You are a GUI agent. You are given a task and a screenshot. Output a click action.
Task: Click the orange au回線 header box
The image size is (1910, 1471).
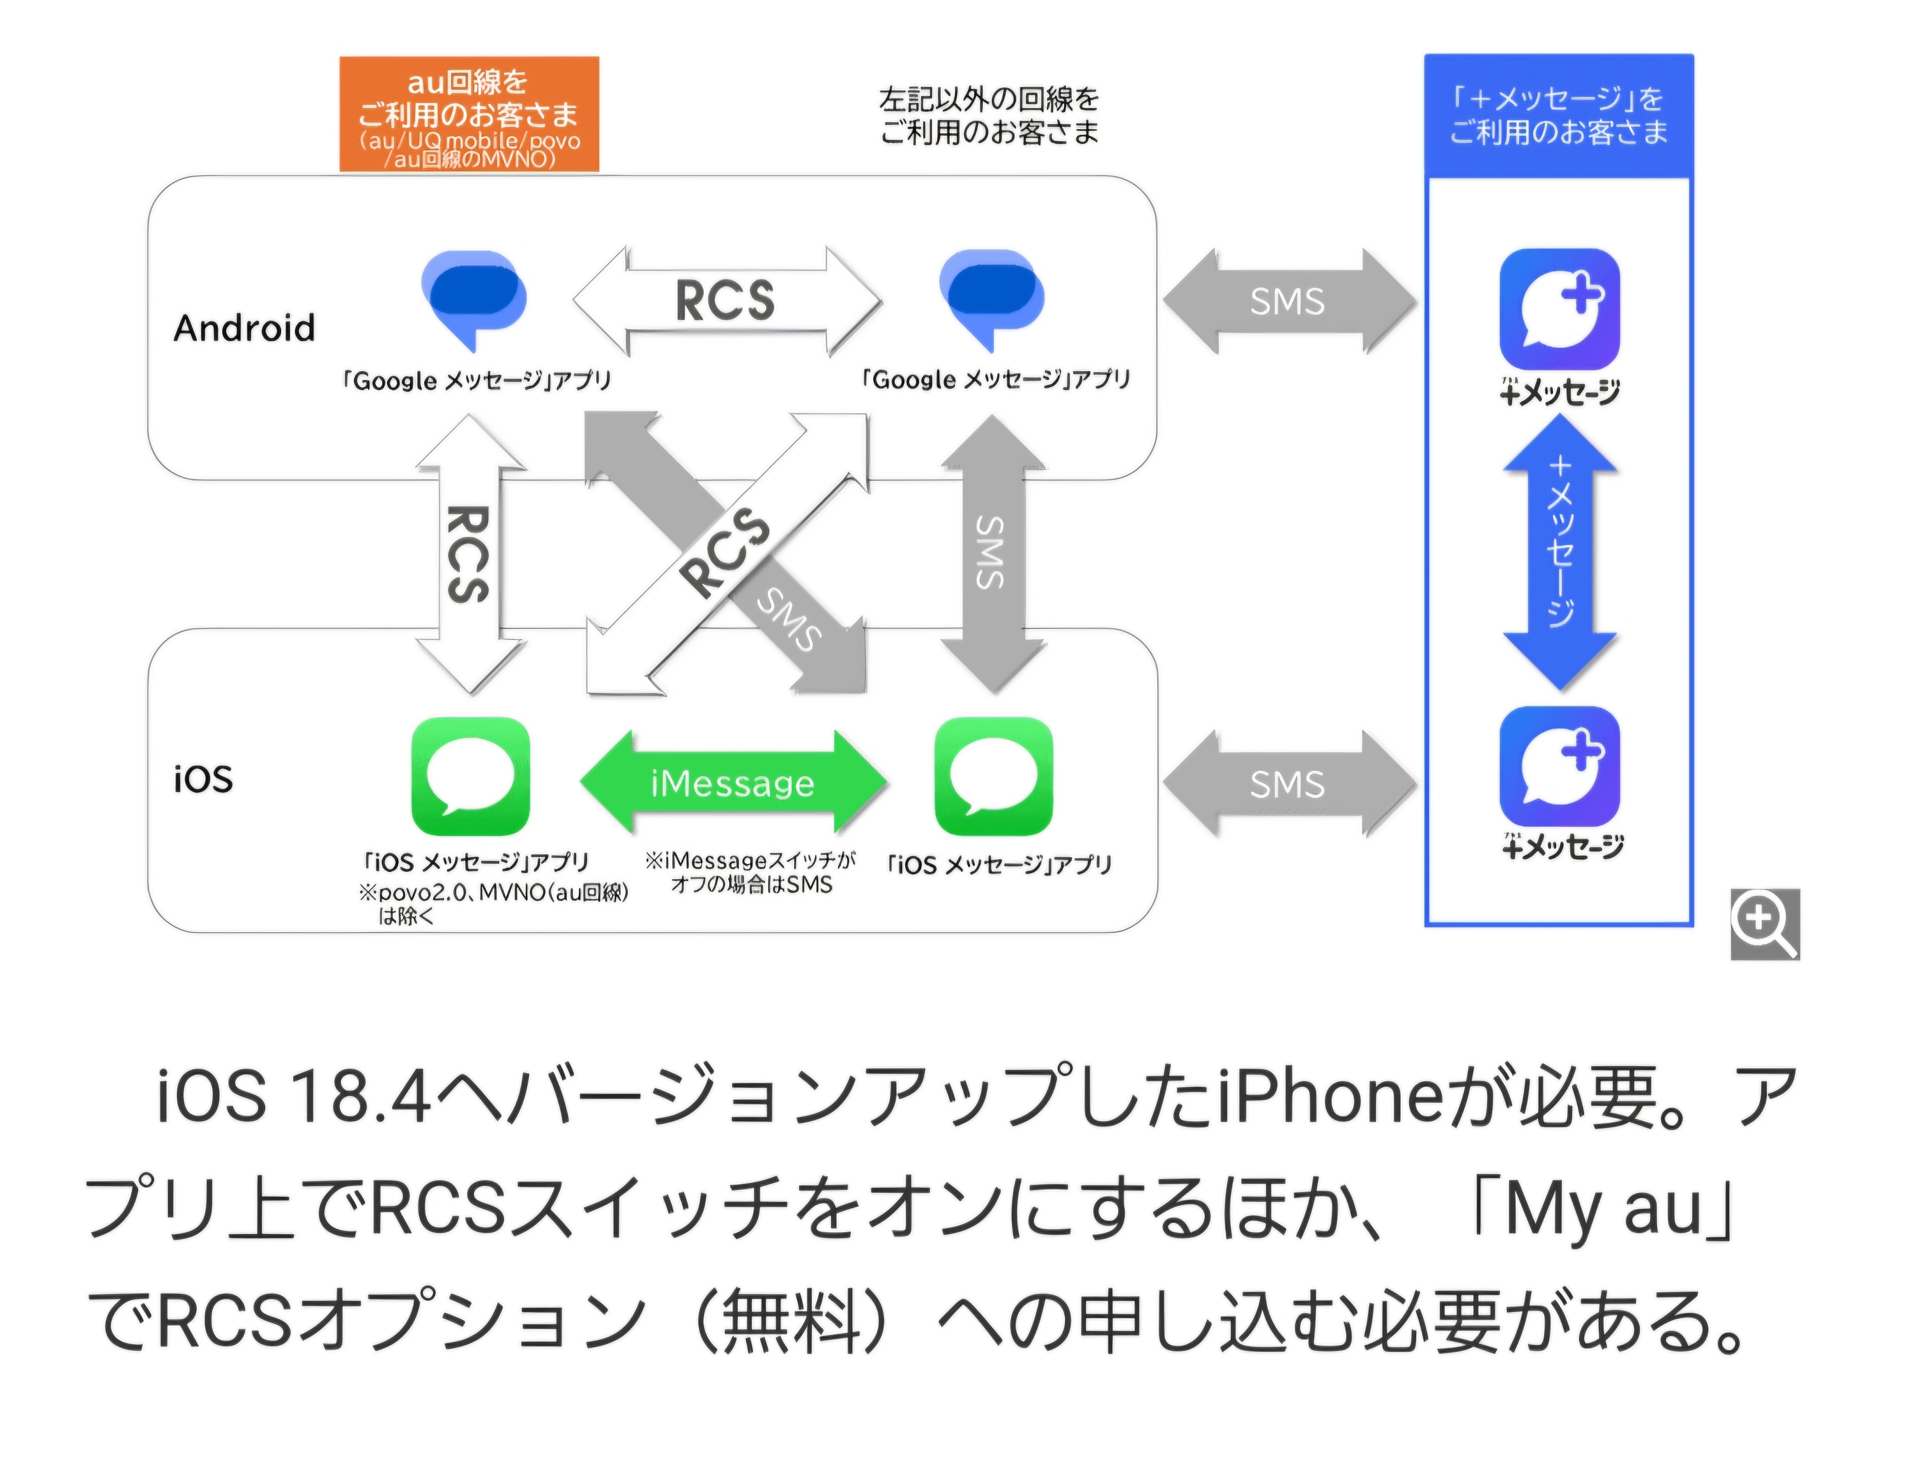pyautogui.click(x=469, y=114)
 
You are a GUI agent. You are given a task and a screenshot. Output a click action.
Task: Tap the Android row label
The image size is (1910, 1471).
pyautogui.click(x=244, y=328)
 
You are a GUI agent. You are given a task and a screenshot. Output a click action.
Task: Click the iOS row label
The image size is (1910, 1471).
pyautogui.click(x=203, y=778)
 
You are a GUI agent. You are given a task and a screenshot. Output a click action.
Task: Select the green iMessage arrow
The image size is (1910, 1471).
pyautogui.click(x=733, y=782)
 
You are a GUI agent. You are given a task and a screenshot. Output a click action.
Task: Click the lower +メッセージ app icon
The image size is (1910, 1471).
pyautogui.click(x=1559, y=766)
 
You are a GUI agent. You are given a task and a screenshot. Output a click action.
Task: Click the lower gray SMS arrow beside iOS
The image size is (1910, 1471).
pyautogui.click(x=1288, y=784)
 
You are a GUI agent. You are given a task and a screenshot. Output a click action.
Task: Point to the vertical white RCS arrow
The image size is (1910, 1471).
pyautogui.click(x=470, y=553)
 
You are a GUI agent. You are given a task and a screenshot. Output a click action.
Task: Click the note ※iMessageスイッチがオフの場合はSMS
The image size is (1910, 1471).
pyautogui.click(x=750, y=872)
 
